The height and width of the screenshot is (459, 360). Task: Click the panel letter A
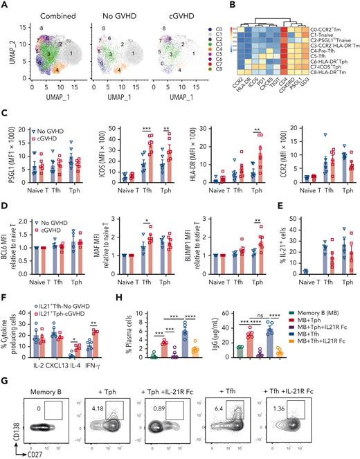pyautogui.click(x=5, y=5)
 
